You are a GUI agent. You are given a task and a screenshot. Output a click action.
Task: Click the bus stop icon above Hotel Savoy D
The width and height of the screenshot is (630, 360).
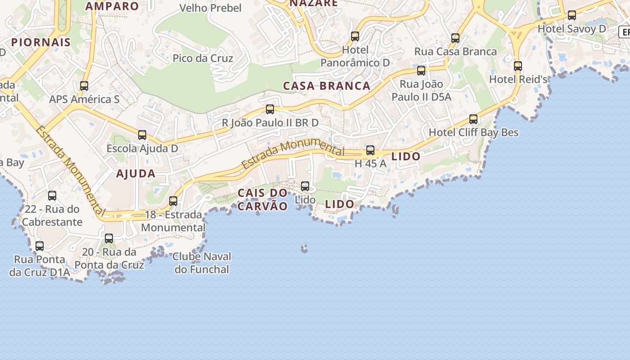(571, 15)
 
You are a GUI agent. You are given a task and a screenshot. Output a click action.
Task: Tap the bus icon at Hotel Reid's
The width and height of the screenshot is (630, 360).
(518, 66)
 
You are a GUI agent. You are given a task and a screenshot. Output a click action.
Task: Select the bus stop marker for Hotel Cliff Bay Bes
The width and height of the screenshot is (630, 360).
(473, 119)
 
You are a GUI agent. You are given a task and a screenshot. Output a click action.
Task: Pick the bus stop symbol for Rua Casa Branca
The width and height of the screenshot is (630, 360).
(455, 38)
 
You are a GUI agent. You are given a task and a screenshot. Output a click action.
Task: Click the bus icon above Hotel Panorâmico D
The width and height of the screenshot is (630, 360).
(355, 36)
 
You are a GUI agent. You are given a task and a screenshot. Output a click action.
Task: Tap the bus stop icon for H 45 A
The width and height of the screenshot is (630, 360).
(370, 150)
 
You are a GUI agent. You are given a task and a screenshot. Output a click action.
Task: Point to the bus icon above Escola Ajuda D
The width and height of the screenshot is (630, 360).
(142, 135)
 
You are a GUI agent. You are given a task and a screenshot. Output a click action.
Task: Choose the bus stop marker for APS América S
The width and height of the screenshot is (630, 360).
(84, 86)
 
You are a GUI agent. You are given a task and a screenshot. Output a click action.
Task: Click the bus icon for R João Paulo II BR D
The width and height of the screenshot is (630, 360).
(270, 109)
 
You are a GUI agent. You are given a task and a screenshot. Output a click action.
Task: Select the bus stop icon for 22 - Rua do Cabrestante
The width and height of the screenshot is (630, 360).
(52, 196)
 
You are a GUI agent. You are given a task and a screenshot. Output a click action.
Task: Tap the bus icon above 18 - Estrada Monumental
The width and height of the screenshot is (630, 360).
(173, 201)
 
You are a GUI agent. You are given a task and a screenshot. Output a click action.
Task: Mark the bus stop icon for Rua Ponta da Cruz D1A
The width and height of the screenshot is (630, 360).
(40, 246)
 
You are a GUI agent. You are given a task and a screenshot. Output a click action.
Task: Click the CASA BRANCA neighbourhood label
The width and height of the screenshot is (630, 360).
(327, 86)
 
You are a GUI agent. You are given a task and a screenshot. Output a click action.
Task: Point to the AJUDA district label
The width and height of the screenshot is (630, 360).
(136, 174)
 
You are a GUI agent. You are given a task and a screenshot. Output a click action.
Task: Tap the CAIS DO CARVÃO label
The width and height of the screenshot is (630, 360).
(262, 199)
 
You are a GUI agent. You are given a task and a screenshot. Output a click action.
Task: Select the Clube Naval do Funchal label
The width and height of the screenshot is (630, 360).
(202, 263)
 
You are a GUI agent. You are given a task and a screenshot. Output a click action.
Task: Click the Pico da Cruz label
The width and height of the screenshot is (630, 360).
(203, 58)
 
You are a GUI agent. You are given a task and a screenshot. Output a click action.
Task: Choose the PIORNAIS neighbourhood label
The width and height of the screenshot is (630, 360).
(41, 42)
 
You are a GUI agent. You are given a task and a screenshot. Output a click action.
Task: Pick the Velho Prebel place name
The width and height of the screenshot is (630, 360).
(211, 8)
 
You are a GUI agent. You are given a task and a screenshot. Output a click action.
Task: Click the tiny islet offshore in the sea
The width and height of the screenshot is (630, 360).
(305, 248)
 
